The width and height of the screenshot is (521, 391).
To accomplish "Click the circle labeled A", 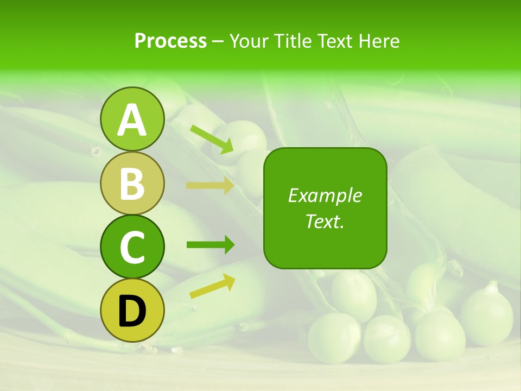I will pos(132,119).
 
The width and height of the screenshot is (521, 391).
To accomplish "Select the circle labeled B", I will pos(132,183).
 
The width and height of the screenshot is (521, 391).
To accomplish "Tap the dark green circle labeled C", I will pos(132,247).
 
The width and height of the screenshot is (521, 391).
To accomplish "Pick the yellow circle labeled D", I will pos(132,310).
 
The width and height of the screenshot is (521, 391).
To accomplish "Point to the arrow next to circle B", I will pos(210,185).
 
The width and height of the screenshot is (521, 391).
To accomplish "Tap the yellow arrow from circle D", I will pos(212,286).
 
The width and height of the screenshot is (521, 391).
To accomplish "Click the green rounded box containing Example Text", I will pos(325,208).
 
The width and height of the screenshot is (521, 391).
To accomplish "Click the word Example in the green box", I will pos(325,195).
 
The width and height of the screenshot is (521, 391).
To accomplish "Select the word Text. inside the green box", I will pos(325,222).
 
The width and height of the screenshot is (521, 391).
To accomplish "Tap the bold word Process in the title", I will pos(170,41).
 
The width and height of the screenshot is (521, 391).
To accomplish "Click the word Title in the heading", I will pos(293,41).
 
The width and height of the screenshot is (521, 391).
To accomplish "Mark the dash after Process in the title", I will pos(218,41).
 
